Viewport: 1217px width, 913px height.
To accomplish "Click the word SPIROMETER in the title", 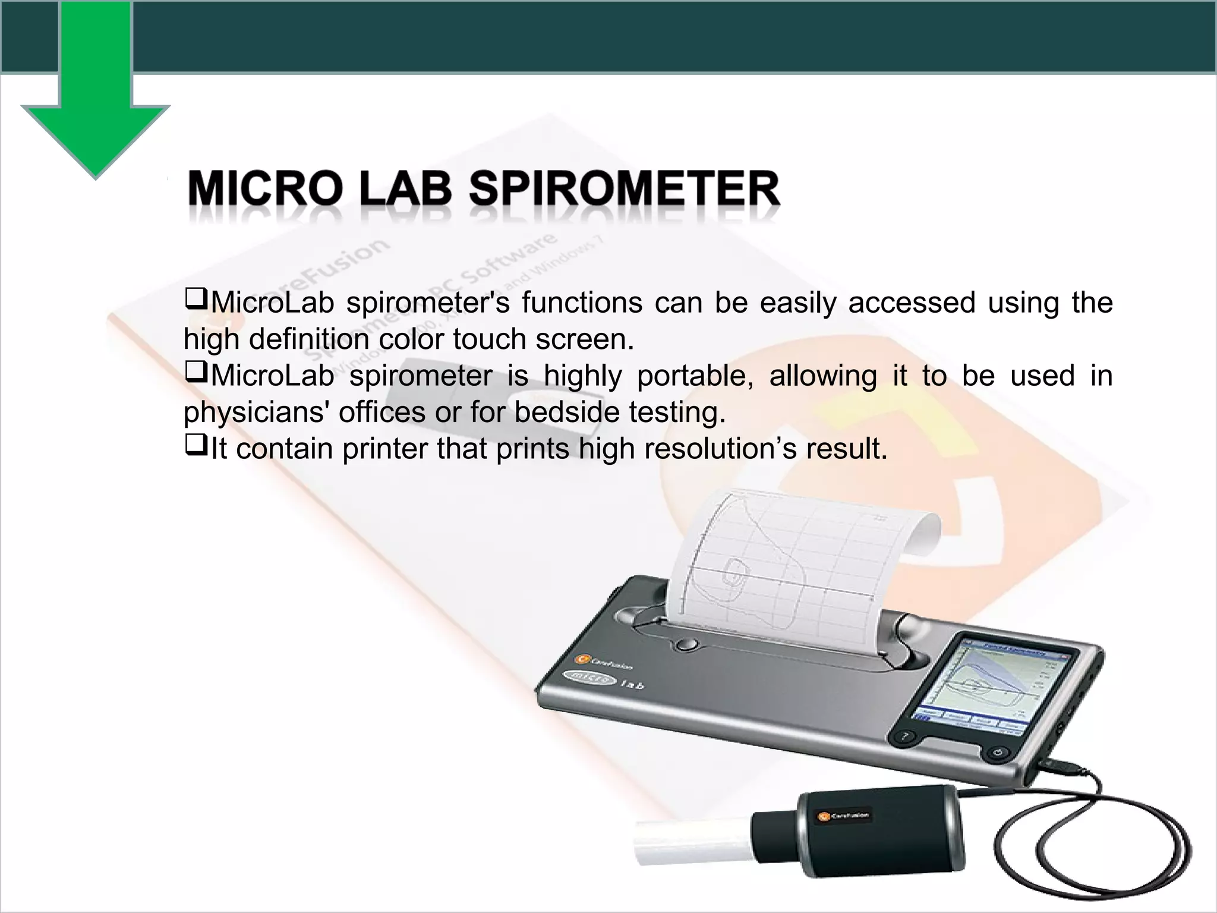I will click(624, 189).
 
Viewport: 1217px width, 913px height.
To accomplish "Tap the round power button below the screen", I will click(998, 754).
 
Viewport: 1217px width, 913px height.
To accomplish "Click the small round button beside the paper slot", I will click(687, 644).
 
